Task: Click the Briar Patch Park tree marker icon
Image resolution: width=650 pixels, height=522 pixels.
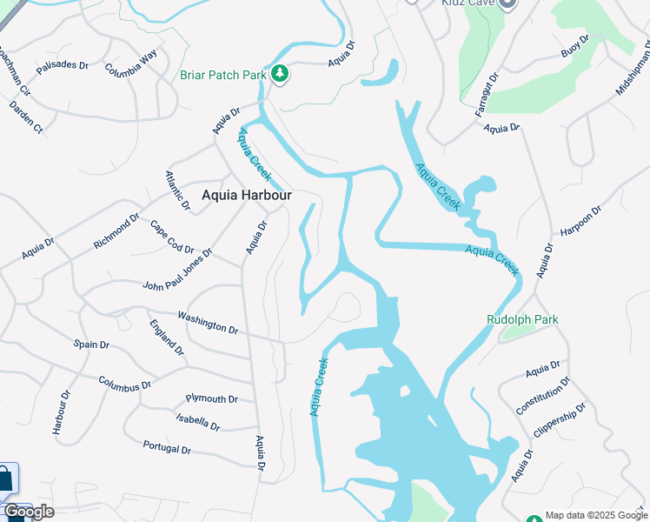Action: (280, 75)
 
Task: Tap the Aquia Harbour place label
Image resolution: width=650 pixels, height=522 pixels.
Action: (246, 196)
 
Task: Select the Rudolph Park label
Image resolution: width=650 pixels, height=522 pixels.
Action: (522, 319)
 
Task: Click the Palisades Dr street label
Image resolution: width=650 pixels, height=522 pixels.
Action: (62, 65)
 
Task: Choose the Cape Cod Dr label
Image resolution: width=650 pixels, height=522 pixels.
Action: (171, 237)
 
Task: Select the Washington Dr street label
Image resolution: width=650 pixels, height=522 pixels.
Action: (208, 322)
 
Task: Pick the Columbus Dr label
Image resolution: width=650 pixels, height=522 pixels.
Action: (125, 382)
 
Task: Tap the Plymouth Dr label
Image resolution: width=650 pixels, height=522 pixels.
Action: (211, 398)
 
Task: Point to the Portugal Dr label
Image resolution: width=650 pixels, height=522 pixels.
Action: (166, 447)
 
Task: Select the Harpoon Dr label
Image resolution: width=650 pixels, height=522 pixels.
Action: (580, 222)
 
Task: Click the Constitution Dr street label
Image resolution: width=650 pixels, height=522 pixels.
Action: (543, 395)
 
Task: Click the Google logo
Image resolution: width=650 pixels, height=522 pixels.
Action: (29, 512)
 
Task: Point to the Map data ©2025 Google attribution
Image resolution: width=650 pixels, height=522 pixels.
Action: (595, 515)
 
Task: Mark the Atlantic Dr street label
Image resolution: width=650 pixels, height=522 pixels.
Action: (176, 190)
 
